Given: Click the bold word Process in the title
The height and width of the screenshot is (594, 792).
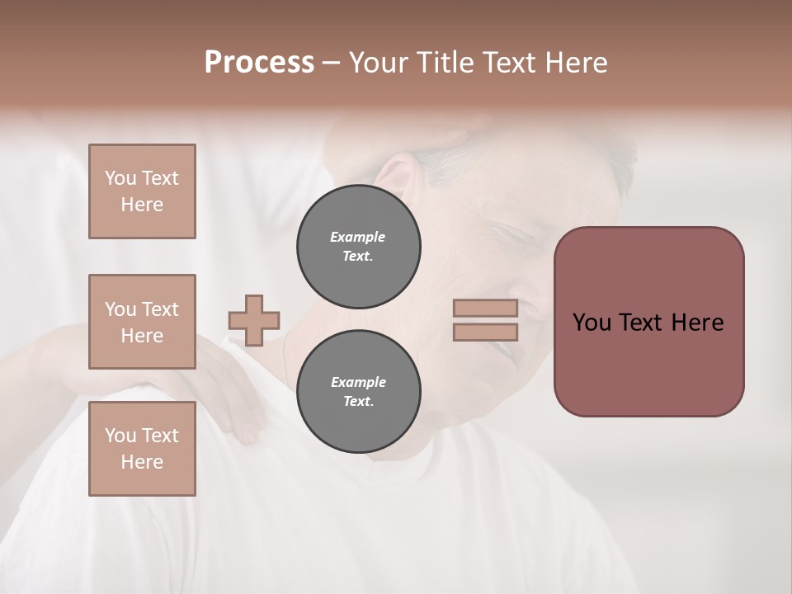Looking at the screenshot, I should point(259,63).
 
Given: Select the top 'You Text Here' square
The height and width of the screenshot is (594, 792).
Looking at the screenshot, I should point(142,191).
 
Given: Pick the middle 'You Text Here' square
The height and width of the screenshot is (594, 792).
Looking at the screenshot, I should point(142,322).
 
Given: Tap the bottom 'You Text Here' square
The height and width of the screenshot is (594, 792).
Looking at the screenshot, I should point(142,449).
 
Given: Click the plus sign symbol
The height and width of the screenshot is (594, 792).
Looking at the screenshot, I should point(254,320).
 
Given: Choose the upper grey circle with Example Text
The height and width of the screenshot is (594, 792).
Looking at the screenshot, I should point(358,247).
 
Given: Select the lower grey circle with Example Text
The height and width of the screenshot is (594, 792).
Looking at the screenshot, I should point(358,392).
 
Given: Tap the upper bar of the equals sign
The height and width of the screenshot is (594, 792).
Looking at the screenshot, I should point(485,309).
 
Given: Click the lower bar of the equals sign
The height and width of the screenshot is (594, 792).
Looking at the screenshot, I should point(485,332).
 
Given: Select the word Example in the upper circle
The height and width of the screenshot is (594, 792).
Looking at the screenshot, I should point(358,237).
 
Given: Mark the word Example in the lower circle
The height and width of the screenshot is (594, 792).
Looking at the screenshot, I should point(358,382).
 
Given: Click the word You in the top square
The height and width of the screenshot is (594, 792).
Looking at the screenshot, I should point(120,178).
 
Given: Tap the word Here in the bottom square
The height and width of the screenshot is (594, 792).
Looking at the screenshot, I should point(142,462).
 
